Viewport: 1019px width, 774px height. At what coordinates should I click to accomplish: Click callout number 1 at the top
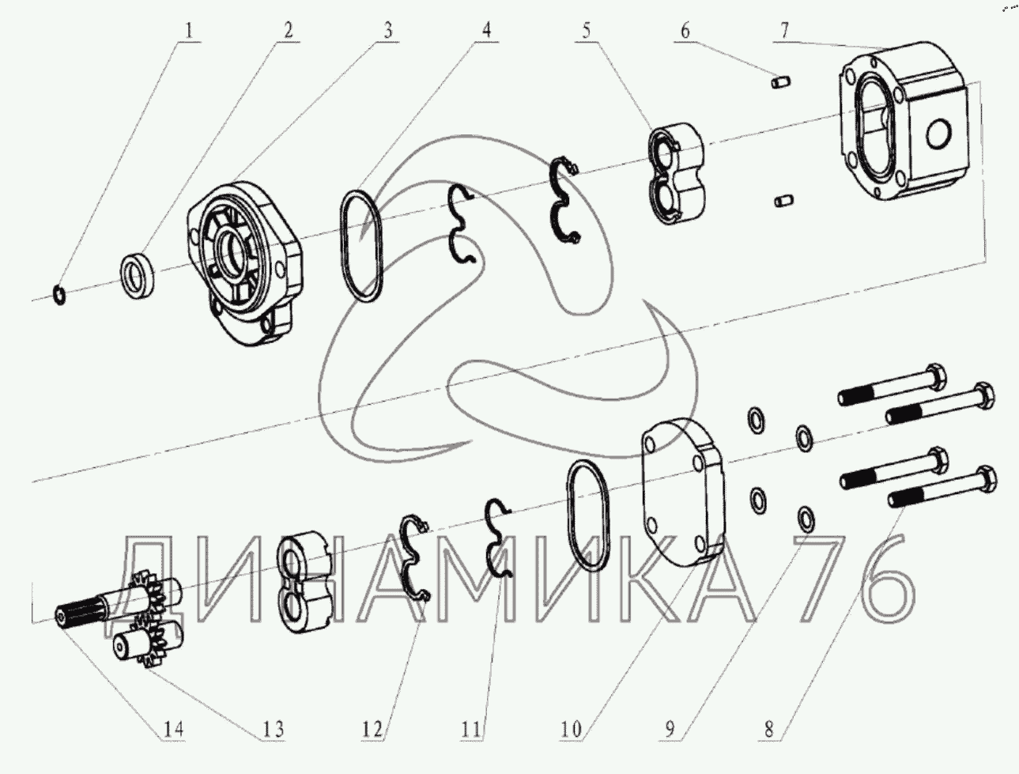(x=188, y=32)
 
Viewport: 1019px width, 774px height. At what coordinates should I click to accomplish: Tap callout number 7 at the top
(x=784, y=31)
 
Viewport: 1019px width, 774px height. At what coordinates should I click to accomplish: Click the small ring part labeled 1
(x=59, y=296)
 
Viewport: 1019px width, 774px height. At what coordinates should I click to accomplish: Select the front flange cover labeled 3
(x=245, y=264)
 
